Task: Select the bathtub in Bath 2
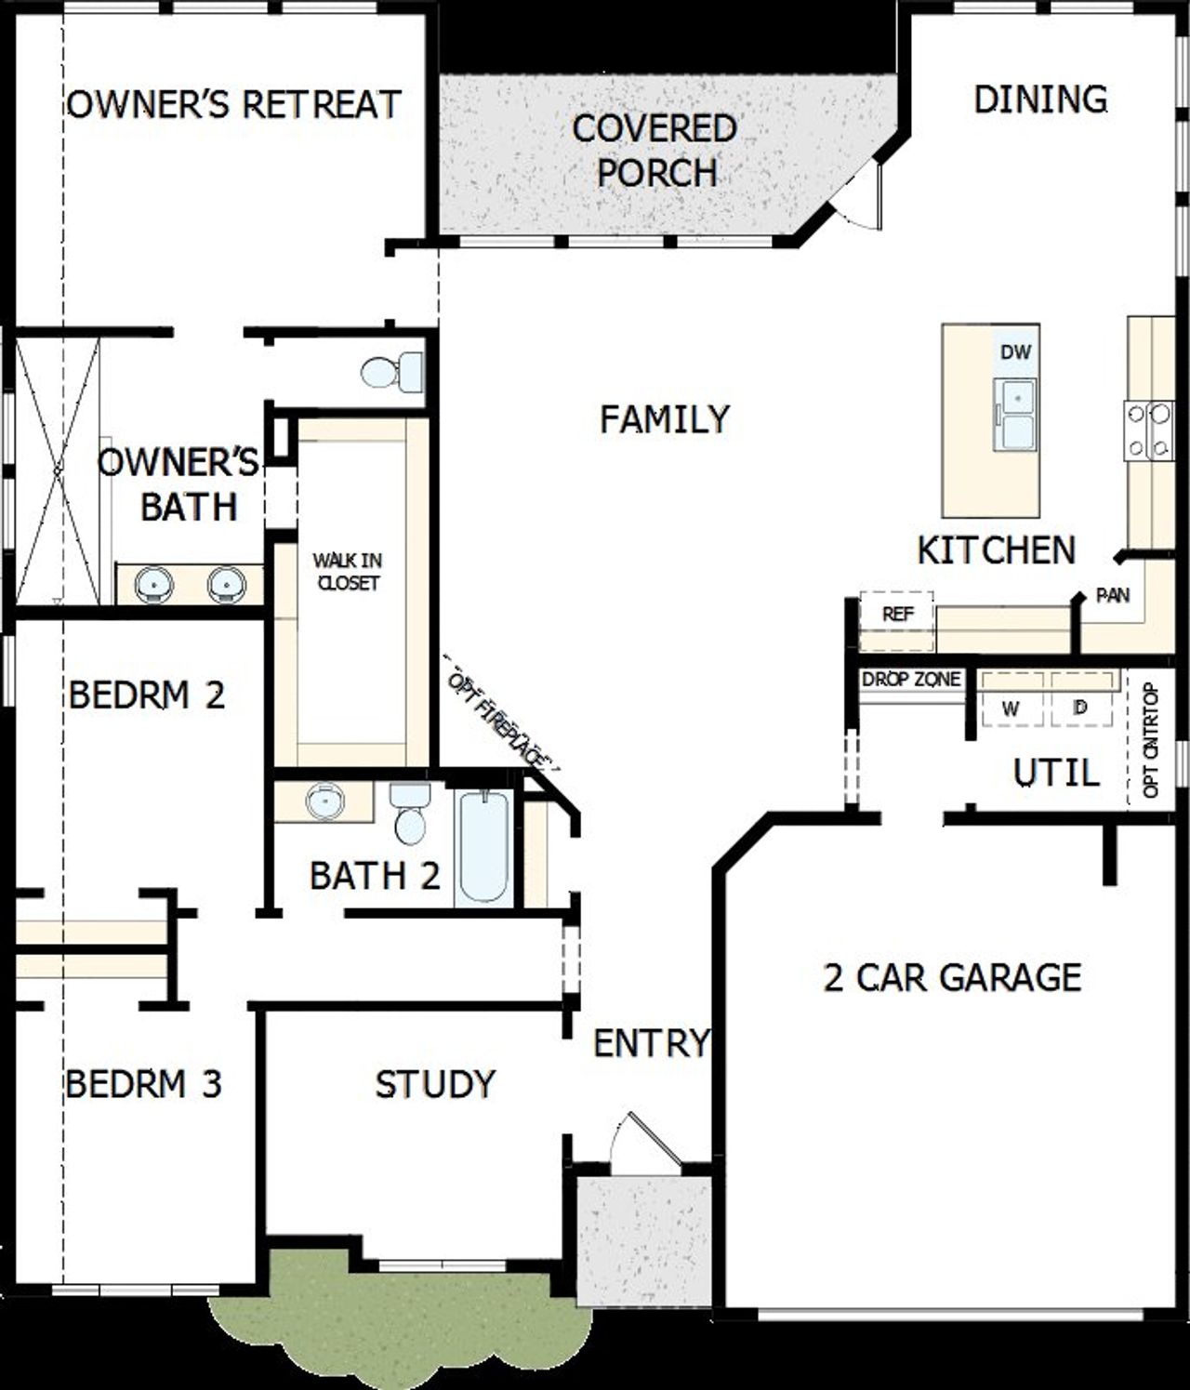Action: click(484, 846)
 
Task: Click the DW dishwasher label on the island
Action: click(1015, 352)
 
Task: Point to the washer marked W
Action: click(1011, 708)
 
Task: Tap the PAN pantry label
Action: click(1112, 595)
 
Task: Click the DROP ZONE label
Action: click(910, 680)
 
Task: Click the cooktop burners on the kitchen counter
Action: click(1149, 430)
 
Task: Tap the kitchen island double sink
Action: click(1015, 415)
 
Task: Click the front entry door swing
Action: click(644, 1140)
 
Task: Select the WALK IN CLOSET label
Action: click(347, 572)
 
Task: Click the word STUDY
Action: click(435, 1084)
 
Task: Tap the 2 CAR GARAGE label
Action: click(952, 977)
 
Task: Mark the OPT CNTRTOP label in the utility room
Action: click(1150, 740)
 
